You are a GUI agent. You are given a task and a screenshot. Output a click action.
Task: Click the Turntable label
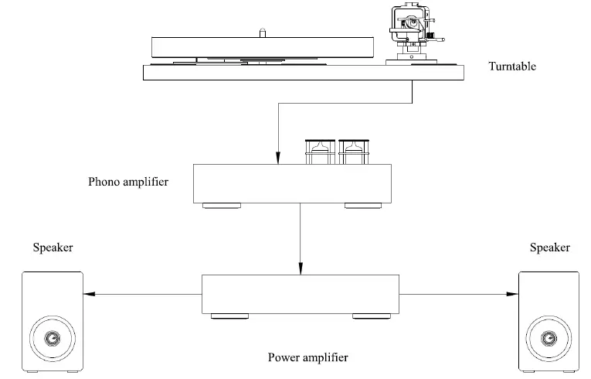click(x=512, y=67)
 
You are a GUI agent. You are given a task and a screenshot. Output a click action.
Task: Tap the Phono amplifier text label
click(x=128, y=182)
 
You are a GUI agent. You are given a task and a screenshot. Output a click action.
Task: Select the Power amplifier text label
click(x=307, y=357)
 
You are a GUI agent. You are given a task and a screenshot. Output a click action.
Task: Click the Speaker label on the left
click(x=53, y=248)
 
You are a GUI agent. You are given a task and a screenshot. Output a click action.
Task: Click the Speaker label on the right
click(x=549, y=248)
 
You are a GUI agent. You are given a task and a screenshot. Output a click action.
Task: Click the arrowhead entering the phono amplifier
click(x=277, y=160)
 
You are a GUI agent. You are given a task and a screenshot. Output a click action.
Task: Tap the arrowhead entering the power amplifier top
click(x=300, y=270)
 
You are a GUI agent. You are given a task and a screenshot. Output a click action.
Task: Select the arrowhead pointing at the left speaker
click(x=89, y=294)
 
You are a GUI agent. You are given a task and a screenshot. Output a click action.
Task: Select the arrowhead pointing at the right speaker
click(x=512, y=294)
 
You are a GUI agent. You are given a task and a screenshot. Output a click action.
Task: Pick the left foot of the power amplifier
click(x=229, y=316)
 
